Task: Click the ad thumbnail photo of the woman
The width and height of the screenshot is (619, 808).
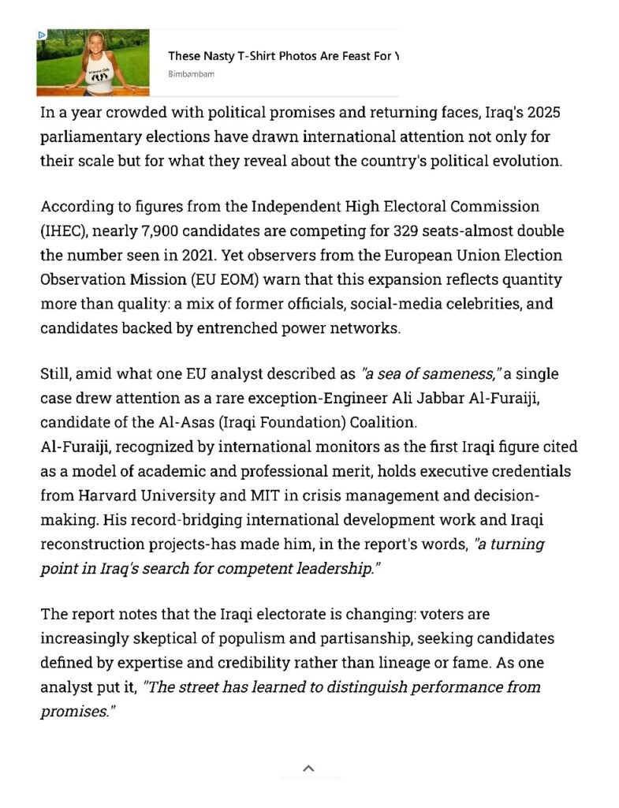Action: coord(93,62)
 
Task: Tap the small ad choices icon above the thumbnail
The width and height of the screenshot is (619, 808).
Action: coord(42,35)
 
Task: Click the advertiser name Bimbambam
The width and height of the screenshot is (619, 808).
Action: coord(191,74)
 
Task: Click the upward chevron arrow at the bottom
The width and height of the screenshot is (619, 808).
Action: coord(309,767)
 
